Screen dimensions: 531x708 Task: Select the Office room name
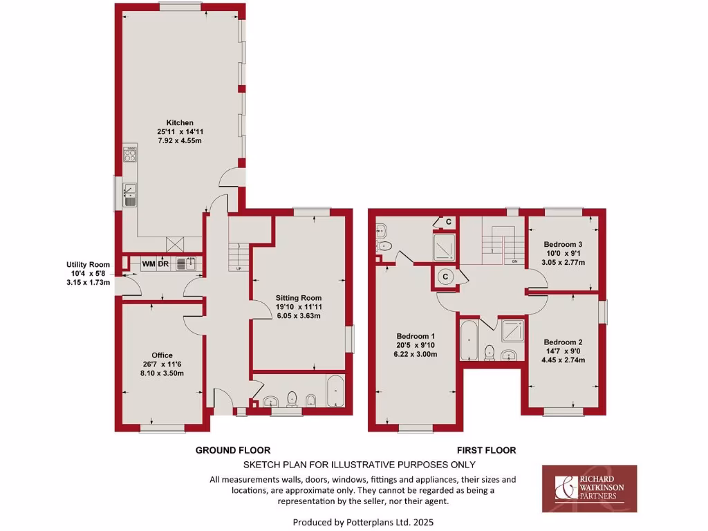coord(162,355)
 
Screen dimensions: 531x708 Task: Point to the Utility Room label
coord(88,264)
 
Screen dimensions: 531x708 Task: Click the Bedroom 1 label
coord(418,336)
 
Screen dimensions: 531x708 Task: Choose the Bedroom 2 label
coord(563,342)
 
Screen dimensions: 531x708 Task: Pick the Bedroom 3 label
coord(563,244)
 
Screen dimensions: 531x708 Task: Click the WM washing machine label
coord(149,263)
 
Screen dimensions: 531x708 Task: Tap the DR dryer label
coord(164,263)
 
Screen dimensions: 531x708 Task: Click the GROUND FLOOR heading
coord(232,450)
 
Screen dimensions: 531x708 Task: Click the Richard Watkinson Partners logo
coord(589,488)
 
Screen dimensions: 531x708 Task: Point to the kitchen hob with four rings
coord(130,154)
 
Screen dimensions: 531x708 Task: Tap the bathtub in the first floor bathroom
coord(470,340)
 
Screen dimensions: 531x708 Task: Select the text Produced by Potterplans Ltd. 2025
coord(364,522)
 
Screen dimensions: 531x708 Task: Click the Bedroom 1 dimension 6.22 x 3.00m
coord(418,355)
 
